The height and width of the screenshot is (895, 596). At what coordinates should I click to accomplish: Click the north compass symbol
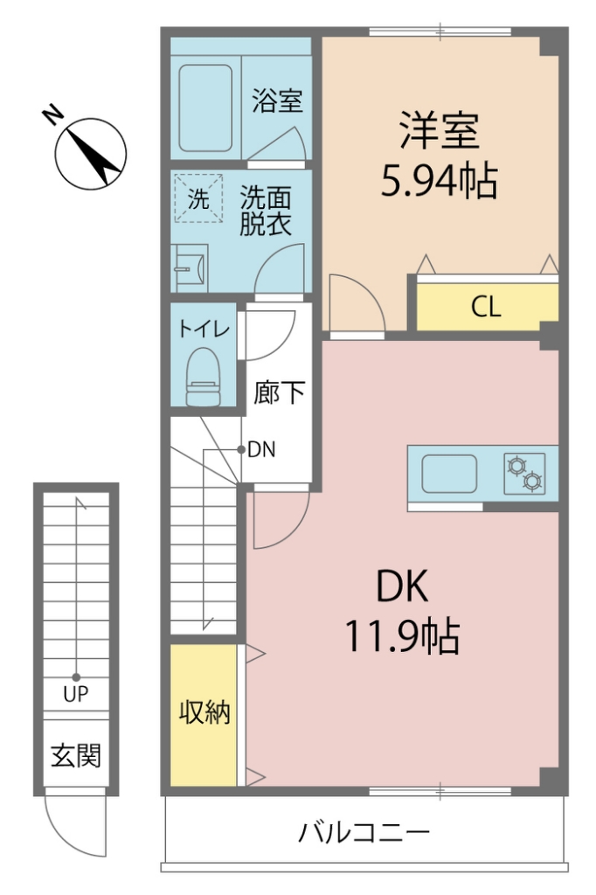pyautogui.click(x=90, y=154)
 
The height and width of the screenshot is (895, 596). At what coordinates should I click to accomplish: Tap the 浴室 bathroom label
pyautogui.click(x=277, y=101)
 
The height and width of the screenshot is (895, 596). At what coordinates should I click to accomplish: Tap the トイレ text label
pyautogui.click(x=204, y=329)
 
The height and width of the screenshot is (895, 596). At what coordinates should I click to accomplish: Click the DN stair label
pyautogui.click(x=262, y=450)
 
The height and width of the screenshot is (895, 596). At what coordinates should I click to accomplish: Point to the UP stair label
pyautogui.click(x=76, y=696)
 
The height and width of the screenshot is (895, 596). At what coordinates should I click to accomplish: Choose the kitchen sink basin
pyautogui.click(x=449, y=474)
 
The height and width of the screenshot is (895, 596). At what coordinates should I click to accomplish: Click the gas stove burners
pyautogui.click(x=524, y=473)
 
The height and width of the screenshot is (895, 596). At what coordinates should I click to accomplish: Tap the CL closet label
pyautogui.click(x=486, y=307)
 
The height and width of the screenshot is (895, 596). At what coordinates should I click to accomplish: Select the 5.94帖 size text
pyautogui.click(x=439, y=181)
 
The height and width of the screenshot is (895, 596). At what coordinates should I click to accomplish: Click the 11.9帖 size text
pyautogui.click(x=402, y=636)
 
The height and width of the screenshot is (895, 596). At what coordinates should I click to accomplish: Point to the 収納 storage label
pyautogui.click(x=204, y=713)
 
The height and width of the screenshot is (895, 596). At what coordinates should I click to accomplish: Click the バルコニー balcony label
pyautogui.click(x=364, y=831)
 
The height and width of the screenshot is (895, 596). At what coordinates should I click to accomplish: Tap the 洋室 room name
pyautogui.click(x=439, y=131)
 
